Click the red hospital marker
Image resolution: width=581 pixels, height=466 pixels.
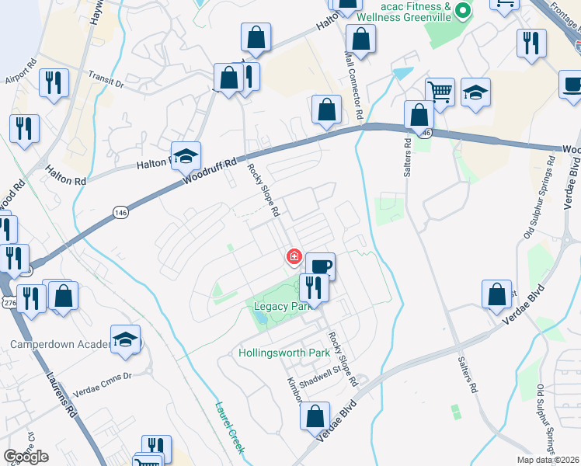[x=294, y=256]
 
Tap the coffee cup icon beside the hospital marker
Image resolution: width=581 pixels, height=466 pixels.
[x=320, y=266]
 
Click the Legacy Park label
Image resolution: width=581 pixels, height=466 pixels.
[x=280, y=307]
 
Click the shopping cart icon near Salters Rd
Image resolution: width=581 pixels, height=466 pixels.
[x=440, y=92]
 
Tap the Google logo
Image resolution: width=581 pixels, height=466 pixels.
[x=26, y=457]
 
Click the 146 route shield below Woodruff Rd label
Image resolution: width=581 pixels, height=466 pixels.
[x=120, y=211]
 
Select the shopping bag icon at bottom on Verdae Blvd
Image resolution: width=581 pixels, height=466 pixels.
[x=315, y=416]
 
